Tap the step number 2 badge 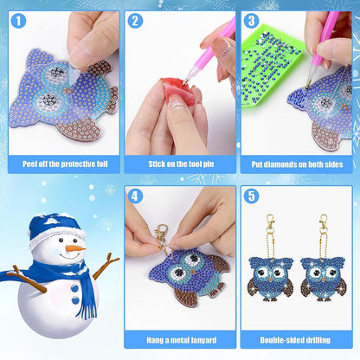point(134,20)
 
